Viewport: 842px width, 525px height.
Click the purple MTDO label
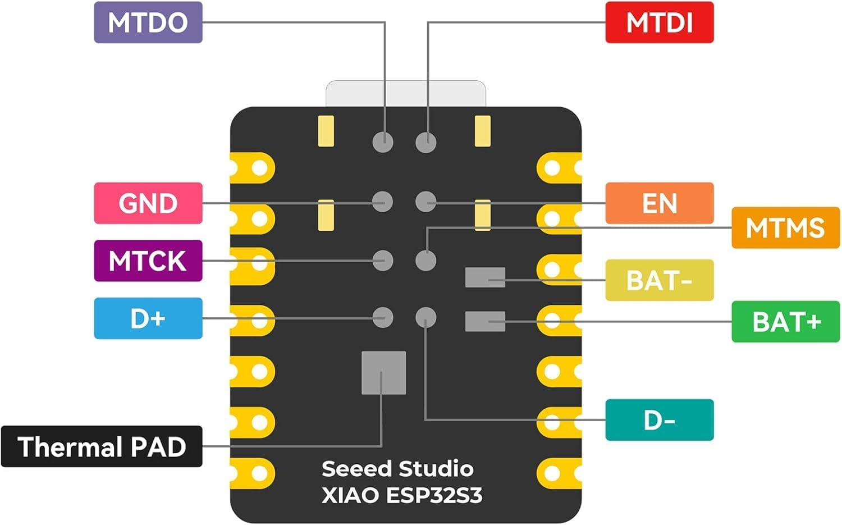(x=148, y=22)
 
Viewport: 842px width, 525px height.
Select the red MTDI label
(x=659, y=22)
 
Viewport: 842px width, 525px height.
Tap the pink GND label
(x=148, y=203)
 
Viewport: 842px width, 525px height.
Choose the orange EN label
(x=659, y=203)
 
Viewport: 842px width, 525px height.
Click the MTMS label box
(x=785, y=227)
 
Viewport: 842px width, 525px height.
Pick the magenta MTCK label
(x=148, y=261)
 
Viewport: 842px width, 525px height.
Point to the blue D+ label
(x=148, y=318)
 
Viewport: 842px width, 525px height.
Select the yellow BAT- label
(x=659, y=280)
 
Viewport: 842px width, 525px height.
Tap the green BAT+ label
(x=785, y=322)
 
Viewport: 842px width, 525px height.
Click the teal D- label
(x=659, y=420)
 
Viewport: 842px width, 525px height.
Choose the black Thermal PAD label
(x=102, y=447)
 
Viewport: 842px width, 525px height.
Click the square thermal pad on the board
(x=383, y=373)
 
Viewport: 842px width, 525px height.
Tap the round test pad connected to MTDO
(x=383, y=141)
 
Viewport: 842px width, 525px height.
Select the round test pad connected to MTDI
(x=426, y=141)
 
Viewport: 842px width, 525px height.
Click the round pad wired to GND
(x=383, y=202)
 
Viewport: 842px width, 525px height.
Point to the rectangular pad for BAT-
(x=485, y=277)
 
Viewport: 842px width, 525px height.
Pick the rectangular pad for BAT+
(x=485, y=321)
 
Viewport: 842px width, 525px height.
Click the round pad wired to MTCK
(x=383, y=261)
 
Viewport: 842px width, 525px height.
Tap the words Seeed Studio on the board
(x=397, y=469)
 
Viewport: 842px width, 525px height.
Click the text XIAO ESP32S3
(x=402, y=495)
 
